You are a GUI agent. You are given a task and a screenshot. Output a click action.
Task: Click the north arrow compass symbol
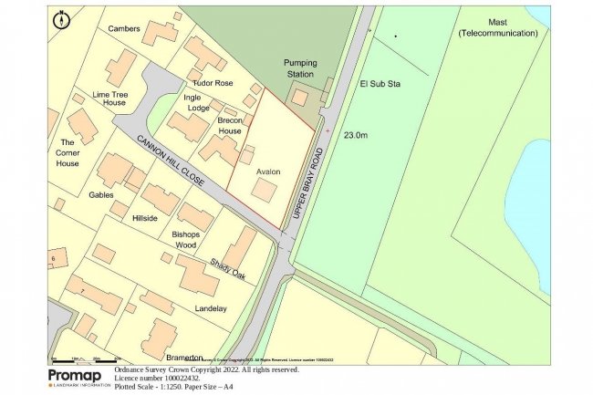tap(62, 19)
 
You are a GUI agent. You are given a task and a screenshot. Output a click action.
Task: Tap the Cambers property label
tap(124, 29)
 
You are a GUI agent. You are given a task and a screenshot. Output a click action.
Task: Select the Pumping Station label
tap(300, 68)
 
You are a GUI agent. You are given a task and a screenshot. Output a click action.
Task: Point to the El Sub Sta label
tap(380, 84)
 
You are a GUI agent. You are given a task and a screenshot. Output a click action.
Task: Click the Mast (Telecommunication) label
tap(498, 26)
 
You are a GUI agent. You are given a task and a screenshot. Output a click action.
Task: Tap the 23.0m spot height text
tap(356, 135)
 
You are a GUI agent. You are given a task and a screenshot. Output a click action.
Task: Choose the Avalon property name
tap(268, 172)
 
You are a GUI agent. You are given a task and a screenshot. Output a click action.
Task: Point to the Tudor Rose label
tap(213, 83)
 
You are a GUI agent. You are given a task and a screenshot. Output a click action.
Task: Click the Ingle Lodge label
tap(198, 102)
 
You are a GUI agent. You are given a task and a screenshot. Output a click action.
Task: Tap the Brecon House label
tap(230, 125)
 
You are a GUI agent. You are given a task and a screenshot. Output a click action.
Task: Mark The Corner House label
tap(67, 152)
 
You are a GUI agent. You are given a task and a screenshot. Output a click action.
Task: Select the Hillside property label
tap(145, 219)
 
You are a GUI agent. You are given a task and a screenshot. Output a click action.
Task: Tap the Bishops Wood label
tap(185, 240)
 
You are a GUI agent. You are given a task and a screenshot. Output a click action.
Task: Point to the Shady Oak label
tap(229, 265)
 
